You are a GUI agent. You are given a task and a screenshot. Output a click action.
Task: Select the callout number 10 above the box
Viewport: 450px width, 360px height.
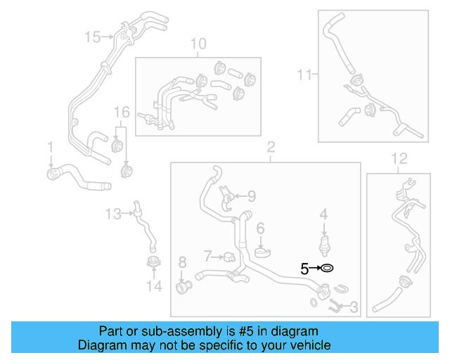[x=198, y=44]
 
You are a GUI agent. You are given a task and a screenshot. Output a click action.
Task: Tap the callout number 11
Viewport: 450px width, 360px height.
[x=303, y=73]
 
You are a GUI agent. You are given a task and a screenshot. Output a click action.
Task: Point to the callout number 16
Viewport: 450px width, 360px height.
[x=122, y=112]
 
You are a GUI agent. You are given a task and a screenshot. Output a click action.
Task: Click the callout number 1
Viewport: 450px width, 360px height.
[x=50, y=146]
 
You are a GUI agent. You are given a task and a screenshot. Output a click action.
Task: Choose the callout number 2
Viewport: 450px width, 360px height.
[x=269, y=147]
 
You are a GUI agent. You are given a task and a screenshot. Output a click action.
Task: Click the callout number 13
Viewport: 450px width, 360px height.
[x=113, y=213]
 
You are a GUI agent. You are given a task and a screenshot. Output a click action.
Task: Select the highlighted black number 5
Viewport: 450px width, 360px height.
[x=304, y=268]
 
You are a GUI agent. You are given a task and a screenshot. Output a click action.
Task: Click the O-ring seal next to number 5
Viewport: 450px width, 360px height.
[x=327, y=268]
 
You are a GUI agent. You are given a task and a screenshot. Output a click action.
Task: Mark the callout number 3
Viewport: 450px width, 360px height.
[x=353, y=307]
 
